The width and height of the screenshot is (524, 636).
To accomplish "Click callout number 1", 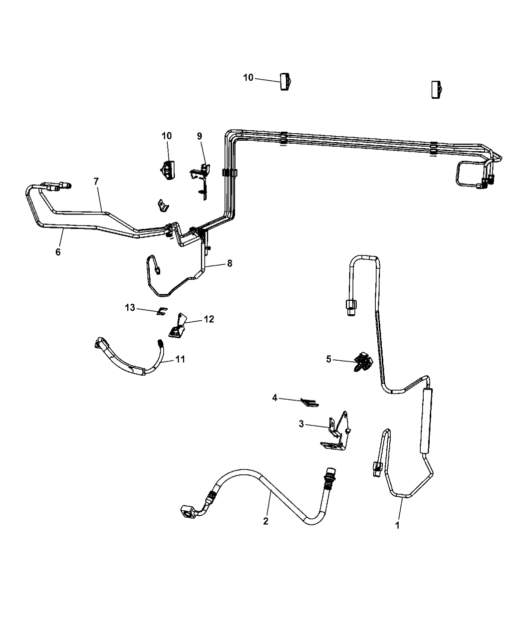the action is pyautogui.click(x=397, y=525).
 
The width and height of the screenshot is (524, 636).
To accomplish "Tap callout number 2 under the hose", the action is pyautogui.click(x=265, y=521).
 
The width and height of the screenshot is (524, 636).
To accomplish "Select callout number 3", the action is pyautogui.click(x=301, y=424).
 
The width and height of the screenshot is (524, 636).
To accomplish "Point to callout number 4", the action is pyautogui.click(x=274, y=398).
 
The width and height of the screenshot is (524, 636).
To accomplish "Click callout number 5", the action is pyautogui.click(x=328, y=359).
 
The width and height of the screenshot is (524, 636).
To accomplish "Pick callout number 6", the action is pyautogui.click(x=58, y=252).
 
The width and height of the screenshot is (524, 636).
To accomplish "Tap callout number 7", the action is pyautogui.click(x=96, y=182).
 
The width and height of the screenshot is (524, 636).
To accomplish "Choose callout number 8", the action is pyautogui.click(x=230, y=263).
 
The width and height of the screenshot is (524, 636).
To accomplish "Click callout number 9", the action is pyautogui.click(x=199, y=136).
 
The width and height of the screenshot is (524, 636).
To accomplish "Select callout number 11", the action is pyautogui.click(x=181, y=359).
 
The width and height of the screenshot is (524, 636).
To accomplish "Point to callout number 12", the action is pyautogui.click(x=209, y=319).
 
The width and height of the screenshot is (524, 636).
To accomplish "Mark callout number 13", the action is pyautogui.click(x=130, y=308).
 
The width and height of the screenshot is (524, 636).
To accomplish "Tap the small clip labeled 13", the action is pyautogui.click(x=162, y=311).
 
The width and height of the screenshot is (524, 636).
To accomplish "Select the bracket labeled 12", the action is pyautogui.click(x=178, y=325).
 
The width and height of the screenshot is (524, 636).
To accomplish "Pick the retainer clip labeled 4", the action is pyautogui.click(x=309, y=403).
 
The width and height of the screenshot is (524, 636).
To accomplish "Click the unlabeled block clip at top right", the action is pyautogui.click(x=437, y=90).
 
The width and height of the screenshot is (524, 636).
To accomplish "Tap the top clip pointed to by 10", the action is pyautogui.click(x=286, y=82).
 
